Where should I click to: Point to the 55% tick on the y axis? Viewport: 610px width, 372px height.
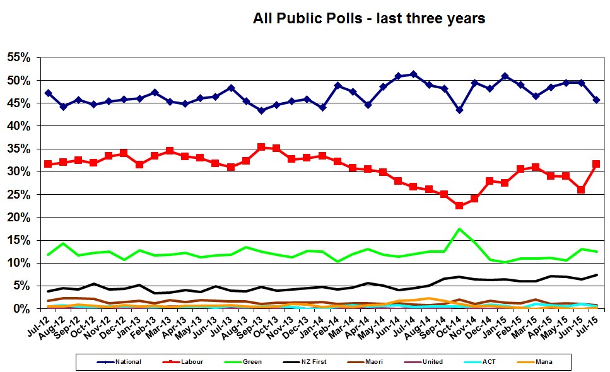[x=19, y=58]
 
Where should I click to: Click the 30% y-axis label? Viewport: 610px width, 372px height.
[x=19, y=171]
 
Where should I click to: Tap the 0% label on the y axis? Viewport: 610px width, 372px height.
[x=22, y=308]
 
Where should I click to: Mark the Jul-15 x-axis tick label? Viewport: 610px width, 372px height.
[x=591, y=328]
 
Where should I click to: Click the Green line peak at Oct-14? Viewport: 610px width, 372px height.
[x=459, y=229]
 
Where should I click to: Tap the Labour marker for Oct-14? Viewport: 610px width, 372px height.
[x=459, y=206]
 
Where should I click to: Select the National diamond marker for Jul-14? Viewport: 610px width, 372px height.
[x=413, y=74]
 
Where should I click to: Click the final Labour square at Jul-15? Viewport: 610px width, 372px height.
[x=597, y=164]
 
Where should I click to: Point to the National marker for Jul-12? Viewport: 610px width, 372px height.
[x=48, y=93]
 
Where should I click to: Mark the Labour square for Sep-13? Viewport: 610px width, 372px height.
[x=261, y=147]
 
